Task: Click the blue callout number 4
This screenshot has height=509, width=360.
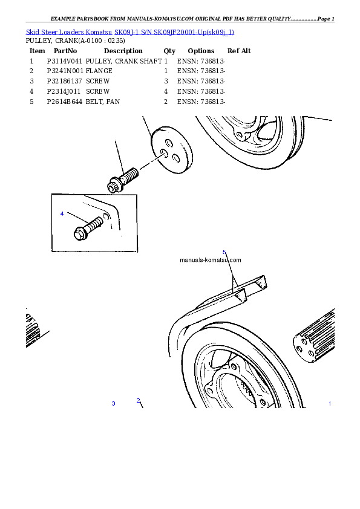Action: click(62, 214)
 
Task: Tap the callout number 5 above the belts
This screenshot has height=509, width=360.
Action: click(224, 252)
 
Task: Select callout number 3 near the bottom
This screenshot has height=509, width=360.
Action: click(113, 403)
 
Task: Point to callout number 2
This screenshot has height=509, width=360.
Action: click(138, 400)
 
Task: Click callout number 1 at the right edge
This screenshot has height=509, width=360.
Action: click(330, 403)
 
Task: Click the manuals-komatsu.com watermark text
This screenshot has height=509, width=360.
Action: click(211, 260)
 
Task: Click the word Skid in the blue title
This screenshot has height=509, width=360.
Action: click(33, 31)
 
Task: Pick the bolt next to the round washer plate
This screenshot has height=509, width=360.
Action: click(124, 180)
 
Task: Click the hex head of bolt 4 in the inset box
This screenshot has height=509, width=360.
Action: click(79, 233)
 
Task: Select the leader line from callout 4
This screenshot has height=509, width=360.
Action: click(77, 217)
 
